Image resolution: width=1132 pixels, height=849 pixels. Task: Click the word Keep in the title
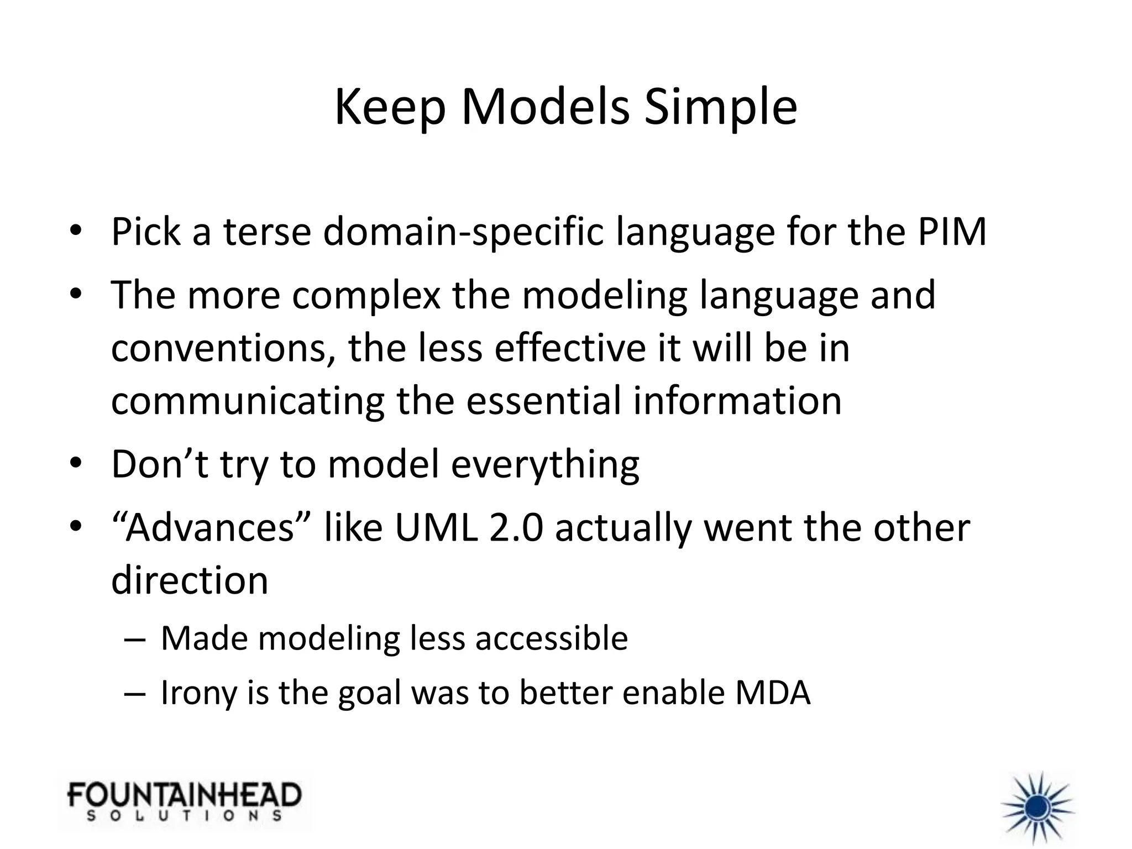[x=390, y=108]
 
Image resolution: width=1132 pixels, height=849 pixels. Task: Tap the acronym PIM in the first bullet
[x=952, y=232]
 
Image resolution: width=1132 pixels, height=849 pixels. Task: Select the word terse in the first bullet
[x=268, y=232]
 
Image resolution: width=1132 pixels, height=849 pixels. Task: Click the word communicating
[x=248, y=401]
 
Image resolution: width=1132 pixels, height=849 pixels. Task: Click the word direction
[x=190, y=580]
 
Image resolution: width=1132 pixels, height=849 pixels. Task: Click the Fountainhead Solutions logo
[x=185, y=801]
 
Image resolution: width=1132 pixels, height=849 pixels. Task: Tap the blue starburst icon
[x=1037, y=809]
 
